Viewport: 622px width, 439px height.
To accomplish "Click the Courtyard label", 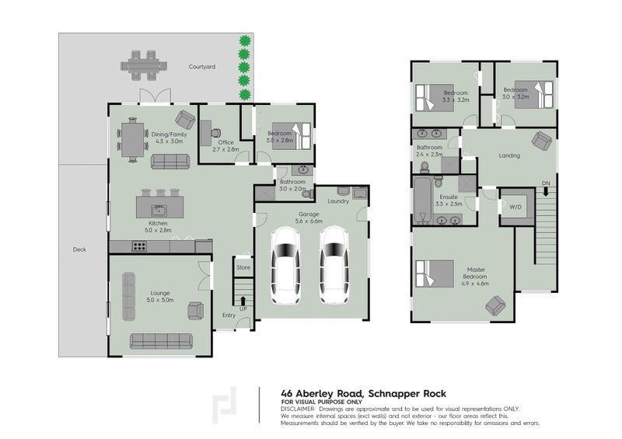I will pyautogui.click(x=201, y=67).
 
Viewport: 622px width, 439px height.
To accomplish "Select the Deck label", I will pyautogui.click(x=79, y=249).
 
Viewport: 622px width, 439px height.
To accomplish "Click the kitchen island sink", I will pyautogui.click(x=159, y=209).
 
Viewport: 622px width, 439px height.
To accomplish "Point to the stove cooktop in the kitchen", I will pyautogui.click(x=141, y=247).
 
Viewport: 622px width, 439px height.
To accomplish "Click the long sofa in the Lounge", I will pyautogui.click(x=161, y=340).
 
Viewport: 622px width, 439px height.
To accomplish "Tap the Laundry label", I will pyautogui.click(x=337, y=201).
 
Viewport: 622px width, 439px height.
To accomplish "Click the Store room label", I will pyautogui.click(x=243, y=268).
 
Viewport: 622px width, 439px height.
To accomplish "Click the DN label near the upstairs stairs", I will pyautogui.click(x=545, y=183).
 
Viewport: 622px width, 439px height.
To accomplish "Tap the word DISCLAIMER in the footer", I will pyautogui.click(x=299, y=408).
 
